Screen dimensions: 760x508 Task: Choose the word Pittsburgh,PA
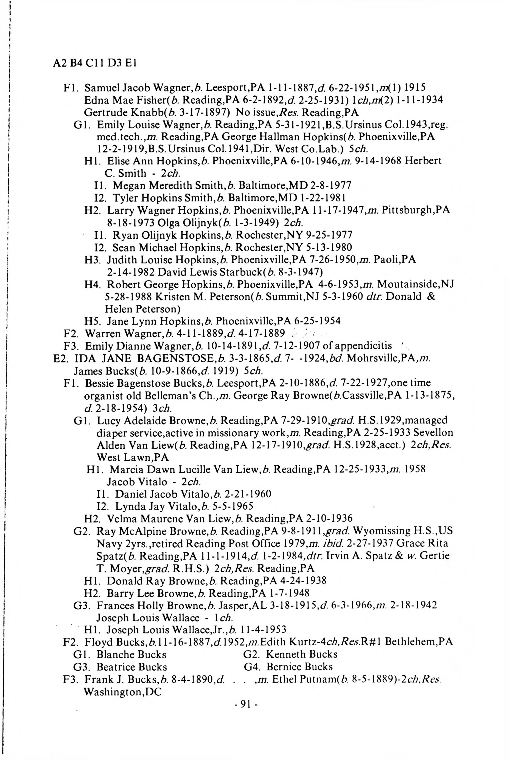coord(416,210)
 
